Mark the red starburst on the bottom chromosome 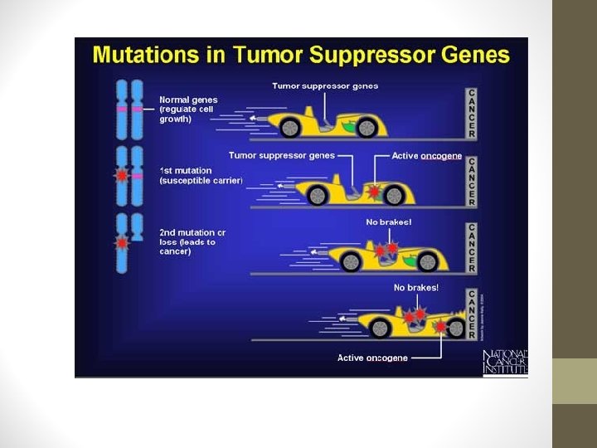(124, 243)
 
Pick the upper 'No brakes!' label (389, 222)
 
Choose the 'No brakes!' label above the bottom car (417, 287)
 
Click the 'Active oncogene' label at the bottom (372, 358)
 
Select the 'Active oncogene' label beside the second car (428, 155)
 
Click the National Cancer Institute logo (504, 363)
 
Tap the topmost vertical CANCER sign (472, 112)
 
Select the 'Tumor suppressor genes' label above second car (282, 155)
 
